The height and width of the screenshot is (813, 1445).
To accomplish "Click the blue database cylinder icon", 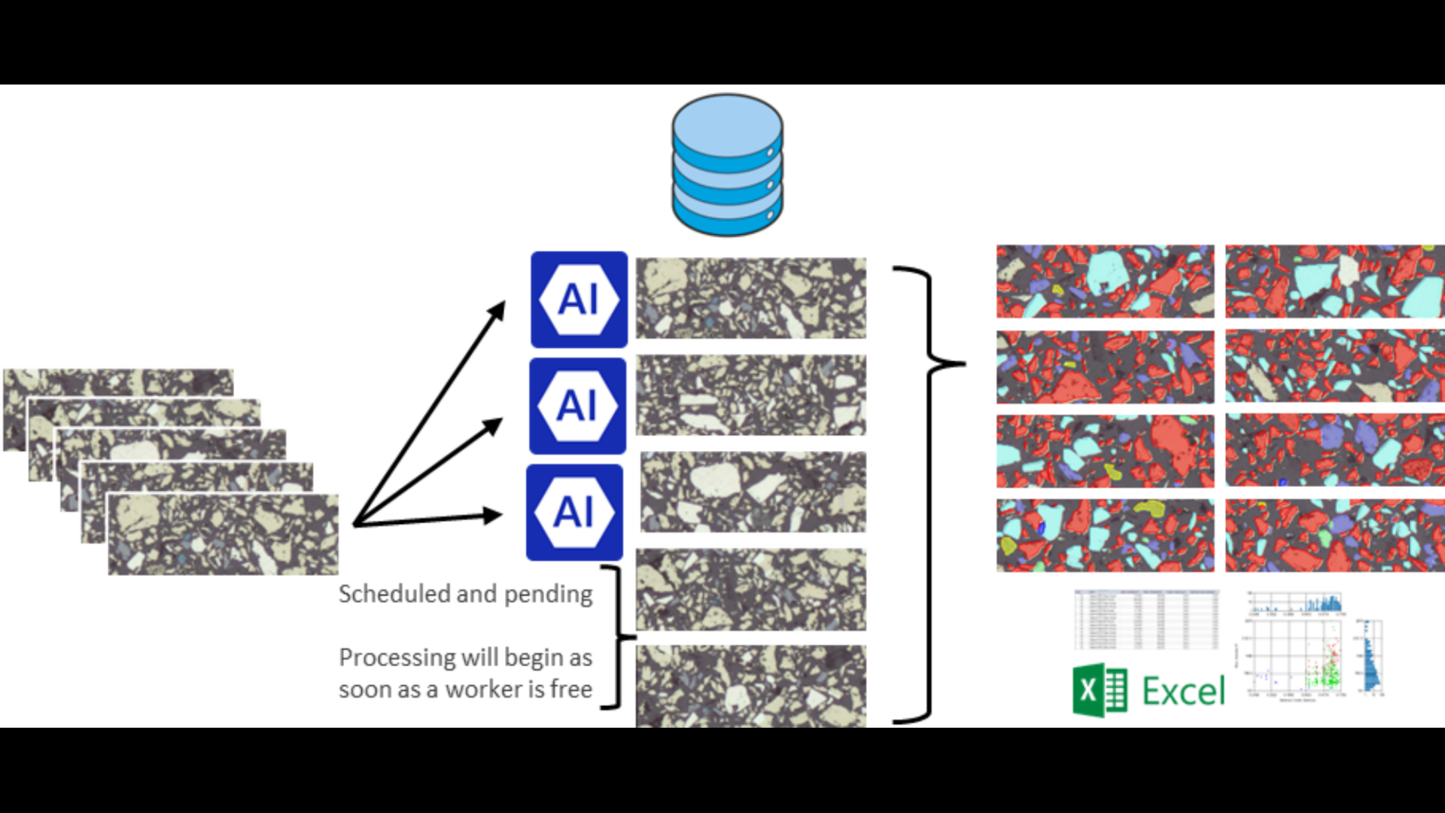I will (727, 164).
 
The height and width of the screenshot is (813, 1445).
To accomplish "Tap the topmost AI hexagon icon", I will (579, 300).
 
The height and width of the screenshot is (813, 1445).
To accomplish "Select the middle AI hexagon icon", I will (577, 406).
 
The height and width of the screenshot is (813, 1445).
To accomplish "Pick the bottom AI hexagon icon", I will (574, 513).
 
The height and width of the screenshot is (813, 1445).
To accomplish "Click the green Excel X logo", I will (1100, 690).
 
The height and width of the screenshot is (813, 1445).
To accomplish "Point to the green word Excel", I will (1183, 691).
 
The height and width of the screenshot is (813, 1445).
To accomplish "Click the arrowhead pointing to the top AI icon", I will (497, 309).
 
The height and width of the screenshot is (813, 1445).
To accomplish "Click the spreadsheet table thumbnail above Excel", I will (1146, 619).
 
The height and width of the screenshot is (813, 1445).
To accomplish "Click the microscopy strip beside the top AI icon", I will (751, 298).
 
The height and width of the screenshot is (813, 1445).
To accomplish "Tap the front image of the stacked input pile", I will (224, 534).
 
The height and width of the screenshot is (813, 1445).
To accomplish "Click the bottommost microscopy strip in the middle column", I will (751, 685).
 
